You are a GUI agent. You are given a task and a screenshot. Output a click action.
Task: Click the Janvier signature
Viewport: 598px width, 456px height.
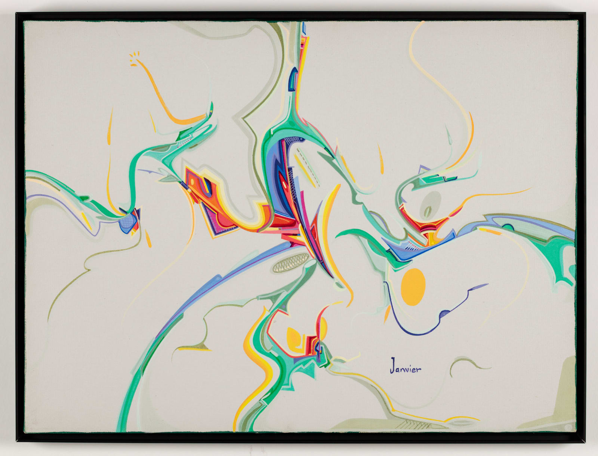point(406,366)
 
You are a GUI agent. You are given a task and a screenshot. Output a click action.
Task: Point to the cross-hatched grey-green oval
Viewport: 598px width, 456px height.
point(291,261)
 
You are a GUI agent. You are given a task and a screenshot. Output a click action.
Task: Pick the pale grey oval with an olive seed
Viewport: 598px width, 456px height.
point(431,204)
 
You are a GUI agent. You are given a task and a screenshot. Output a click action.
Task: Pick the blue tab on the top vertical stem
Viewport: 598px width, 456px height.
point(293,78)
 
